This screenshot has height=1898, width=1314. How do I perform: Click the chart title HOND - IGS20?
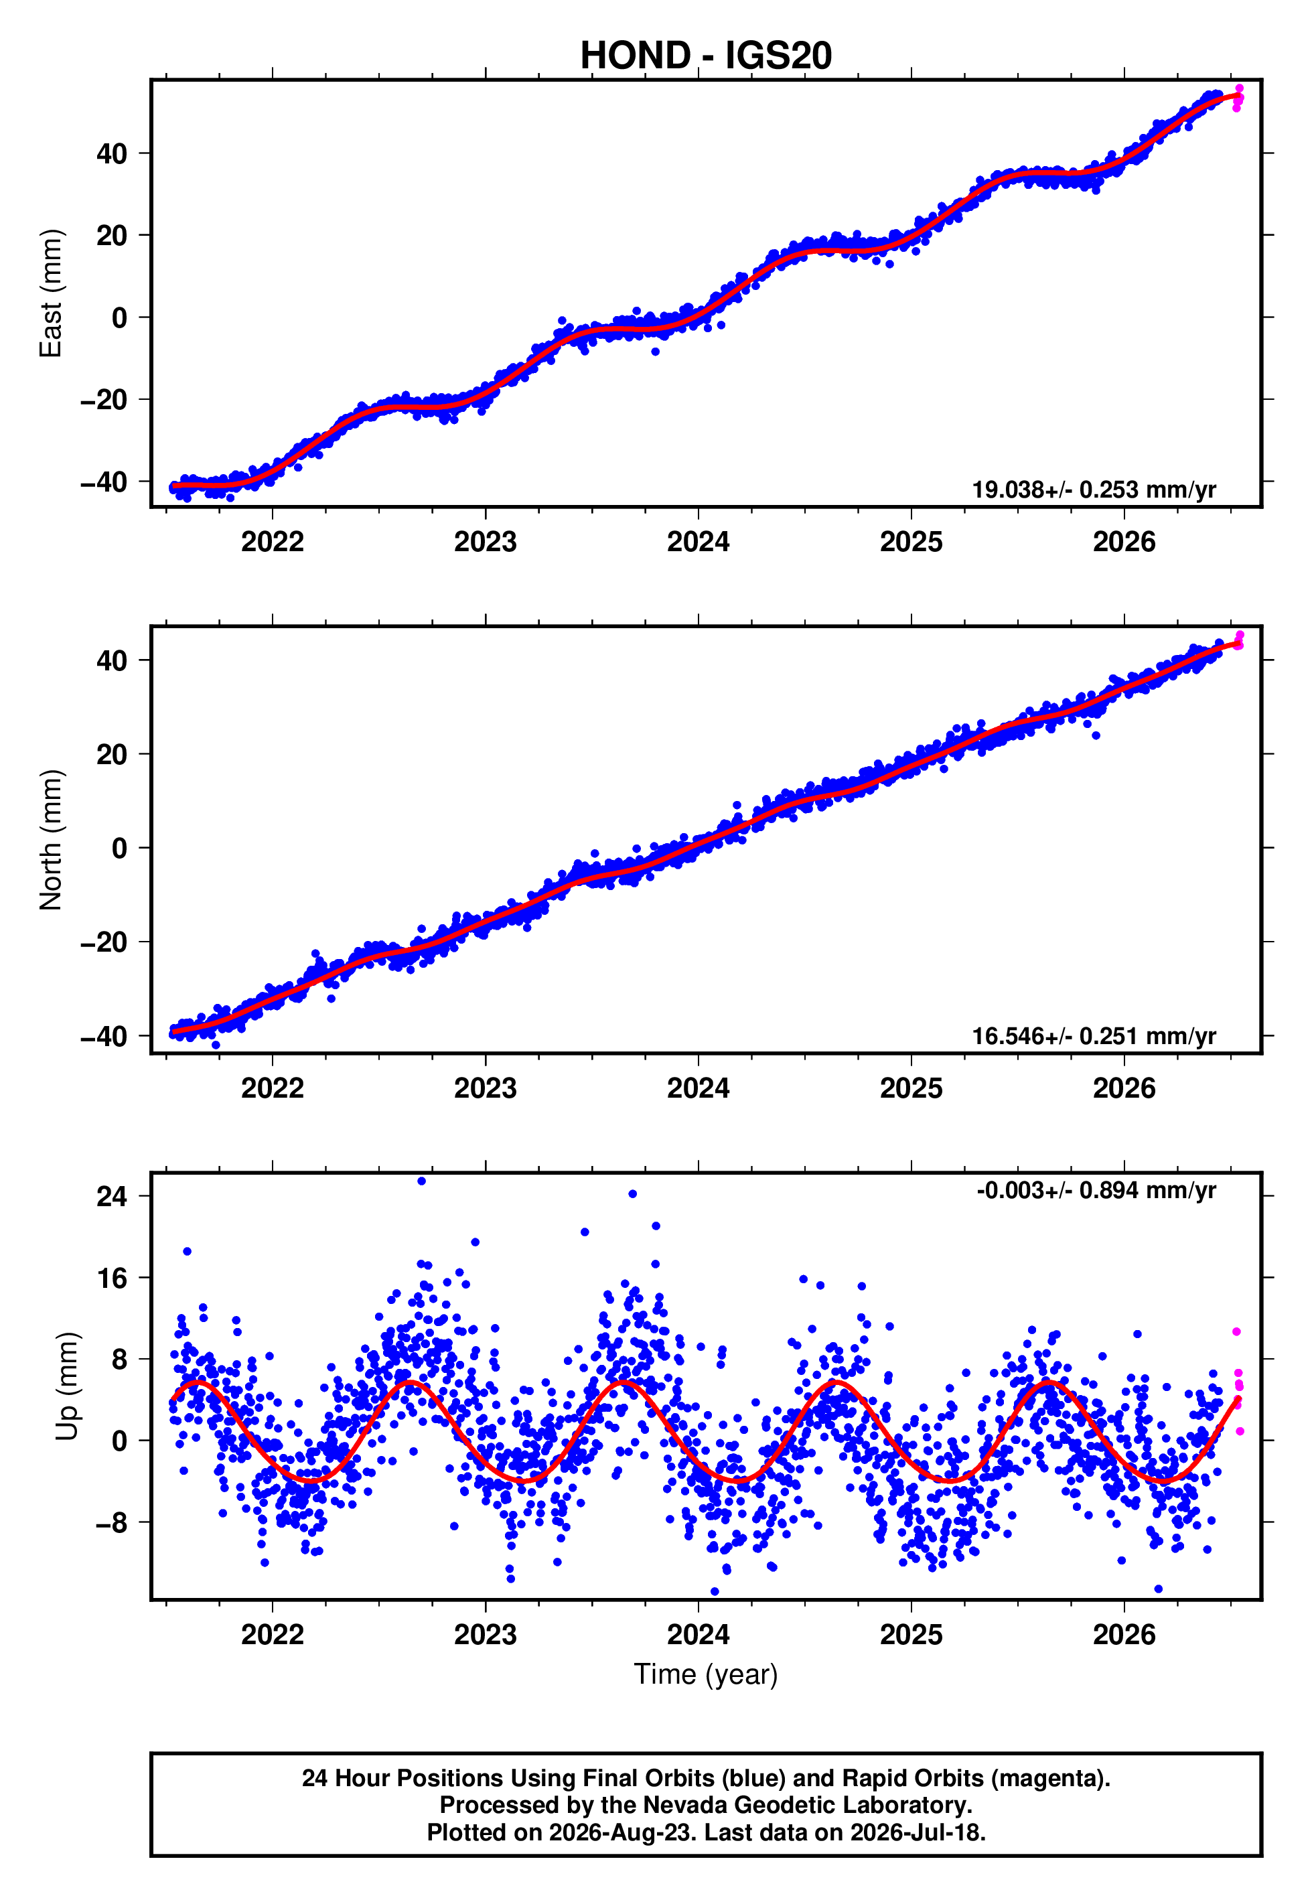[706, 55]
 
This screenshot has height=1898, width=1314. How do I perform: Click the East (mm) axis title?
[51, 293]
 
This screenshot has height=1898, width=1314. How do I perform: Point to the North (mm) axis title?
[51, 840]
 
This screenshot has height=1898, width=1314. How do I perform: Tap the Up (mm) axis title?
[67, 1386]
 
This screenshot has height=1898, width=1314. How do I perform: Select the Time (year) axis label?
[706, 1674]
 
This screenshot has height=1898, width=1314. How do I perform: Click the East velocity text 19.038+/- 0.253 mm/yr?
[1094, 490]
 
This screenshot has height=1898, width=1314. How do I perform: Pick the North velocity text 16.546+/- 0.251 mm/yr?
[1094, 1036]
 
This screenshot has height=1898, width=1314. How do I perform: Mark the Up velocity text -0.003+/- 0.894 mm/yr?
[1096, 1190]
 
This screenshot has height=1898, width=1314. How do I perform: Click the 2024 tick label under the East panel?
[698, 542]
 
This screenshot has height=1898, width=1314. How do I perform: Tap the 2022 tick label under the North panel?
[273, 1088]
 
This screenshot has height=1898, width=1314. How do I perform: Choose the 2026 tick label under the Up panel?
[1124, 1635]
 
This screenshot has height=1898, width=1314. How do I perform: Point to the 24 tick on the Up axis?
[112, 1196]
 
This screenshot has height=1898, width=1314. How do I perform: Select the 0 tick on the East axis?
[120, 317]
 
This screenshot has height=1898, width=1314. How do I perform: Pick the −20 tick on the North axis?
[104, 942]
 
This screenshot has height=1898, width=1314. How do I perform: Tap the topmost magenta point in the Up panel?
[1236, 1331]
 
